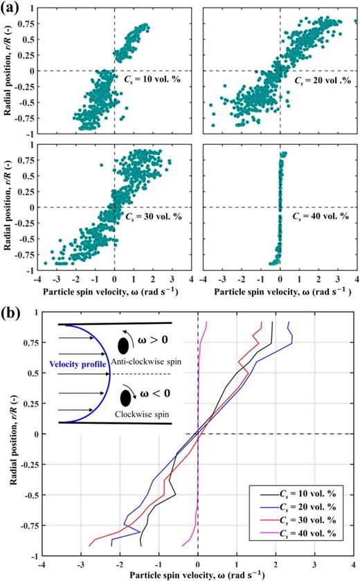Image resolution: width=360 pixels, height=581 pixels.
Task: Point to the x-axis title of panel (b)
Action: coord(198,575)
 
